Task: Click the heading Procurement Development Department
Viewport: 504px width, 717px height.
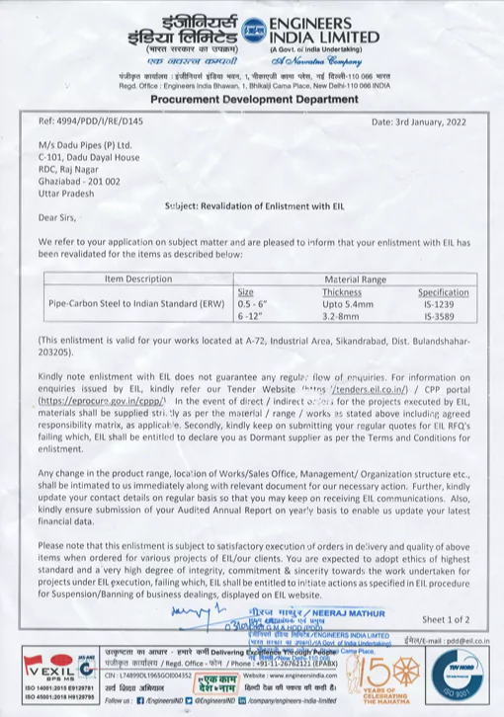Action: pos(252,101)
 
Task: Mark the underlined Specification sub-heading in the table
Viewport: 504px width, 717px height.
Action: pos(443,292)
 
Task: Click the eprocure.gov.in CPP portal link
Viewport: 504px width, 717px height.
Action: pos(92,403)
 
